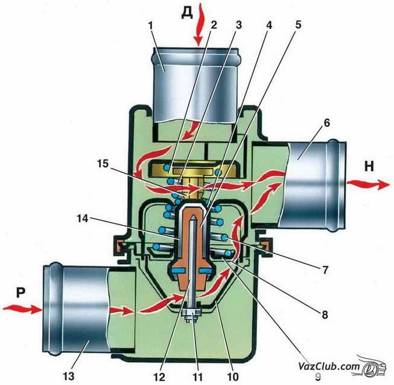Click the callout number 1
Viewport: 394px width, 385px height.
(x=151, y=25)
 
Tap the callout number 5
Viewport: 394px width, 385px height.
(x=298, y=25)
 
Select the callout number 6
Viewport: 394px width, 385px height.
(x=326, y=123)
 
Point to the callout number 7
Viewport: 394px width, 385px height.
(x=325, y=270)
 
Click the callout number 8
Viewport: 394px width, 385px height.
(x=325, y=314)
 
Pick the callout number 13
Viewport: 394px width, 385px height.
(x=69, y=376)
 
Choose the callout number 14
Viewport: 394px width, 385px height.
(x=83, y=218)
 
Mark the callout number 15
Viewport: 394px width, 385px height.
(x=103, y=164)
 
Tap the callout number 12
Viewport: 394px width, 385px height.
(x=159, y=377)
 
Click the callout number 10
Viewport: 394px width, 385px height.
(x=233, y=377)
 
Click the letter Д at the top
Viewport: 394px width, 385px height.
(x=187, y=14)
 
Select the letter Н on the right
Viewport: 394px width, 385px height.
(x=369, y=167)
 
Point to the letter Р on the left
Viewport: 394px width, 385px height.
(x=21, y=293)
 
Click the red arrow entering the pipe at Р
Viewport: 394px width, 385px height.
(x=22, y=308)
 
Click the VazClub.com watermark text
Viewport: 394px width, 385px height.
(x=329, y=366)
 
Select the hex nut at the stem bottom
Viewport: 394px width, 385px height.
(x=191, y=313)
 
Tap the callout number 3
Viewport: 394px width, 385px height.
(x=238, y=25)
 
